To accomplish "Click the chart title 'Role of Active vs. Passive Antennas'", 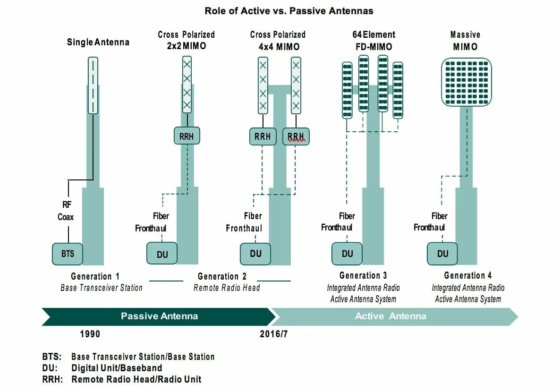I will pyautogui.click(x=288, y=11).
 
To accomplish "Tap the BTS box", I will pyautogui.click(x=68, y=254).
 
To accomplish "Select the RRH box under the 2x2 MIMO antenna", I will pyautogui.click(x=187, y=136).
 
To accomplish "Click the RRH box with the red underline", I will pyautogui.click(x=296, y=136).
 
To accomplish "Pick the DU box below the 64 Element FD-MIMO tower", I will pyautogui.click(x=347, y=254).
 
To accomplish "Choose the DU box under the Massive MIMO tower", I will pyautogui.click(x=442, y=254).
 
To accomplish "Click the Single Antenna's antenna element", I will pyautogui.click(x=93, y=85).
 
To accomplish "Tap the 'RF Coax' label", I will pyautogui.click(x=66, y=211).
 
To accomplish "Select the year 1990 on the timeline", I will pyautogui.click(x=90, y=334).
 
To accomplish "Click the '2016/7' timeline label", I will pyautogui.click(x=273, y=334).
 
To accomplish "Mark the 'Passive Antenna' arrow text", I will pyautogui.click(x=159, y=316).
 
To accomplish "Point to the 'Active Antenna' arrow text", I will pyautogui.click(x=390, y=316).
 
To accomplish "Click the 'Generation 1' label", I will pyautogui.click(x=95, y=276).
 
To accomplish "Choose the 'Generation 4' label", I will pyautogui.click(x=467, y=276).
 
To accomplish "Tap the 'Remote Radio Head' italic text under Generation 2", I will pyautogui.click(x=227, y=288).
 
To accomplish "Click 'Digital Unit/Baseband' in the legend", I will pyautogui.click(x=117, y=368).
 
